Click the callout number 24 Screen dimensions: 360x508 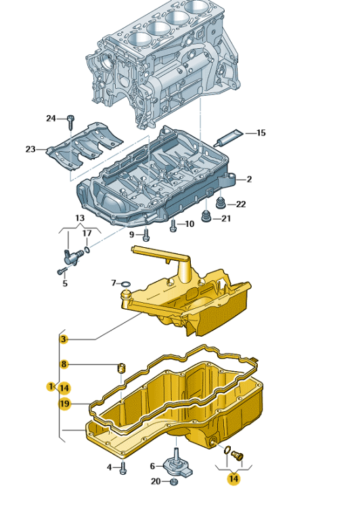click(x=51, y=119)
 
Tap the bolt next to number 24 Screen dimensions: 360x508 click(x=71, y=122)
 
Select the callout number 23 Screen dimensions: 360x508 click(x=30, y=150)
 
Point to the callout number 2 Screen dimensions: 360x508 click(x=248, y=179)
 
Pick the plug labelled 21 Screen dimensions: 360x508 click(x=206, y=217)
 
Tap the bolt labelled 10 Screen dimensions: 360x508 click(x=173, y=226)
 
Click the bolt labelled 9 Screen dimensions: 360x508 click(x=146, y=235)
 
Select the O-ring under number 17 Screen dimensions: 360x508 click(x=87, y=249)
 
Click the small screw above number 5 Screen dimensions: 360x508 click(x=62, y=270)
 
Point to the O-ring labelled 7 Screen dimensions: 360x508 click(x=126, y=284)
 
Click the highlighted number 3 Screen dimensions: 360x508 click(x=64, y=339)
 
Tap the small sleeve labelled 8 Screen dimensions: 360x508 click(x=121, y=368)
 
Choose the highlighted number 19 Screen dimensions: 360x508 click(x=64, y=404)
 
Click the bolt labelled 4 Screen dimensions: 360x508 click(x=122, y=468)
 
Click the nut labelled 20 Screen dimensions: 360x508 click(x=173, y=482)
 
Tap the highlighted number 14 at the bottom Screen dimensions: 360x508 click(x=233, y=478)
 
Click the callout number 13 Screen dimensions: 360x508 click(x=80, y=218)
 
